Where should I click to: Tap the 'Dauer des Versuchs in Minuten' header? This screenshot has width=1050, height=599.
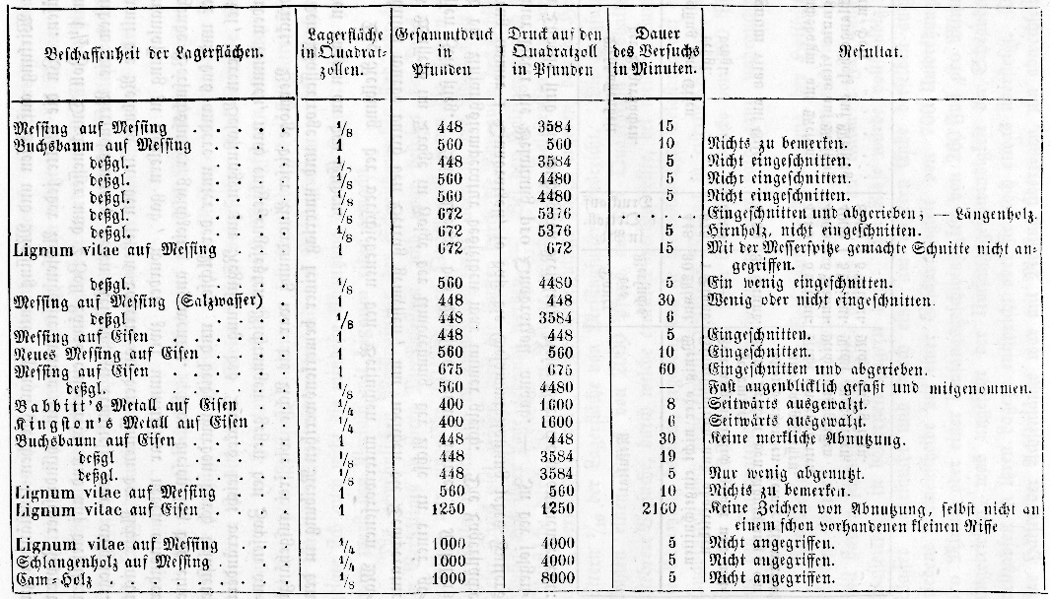point(655,51)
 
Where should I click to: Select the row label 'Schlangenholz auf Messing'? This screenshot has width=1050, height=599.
point(114,562)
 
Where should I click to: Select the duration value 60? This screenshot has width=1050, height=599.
point(665,369)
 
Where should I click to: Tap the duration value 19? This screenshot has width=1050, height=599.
point(666,456)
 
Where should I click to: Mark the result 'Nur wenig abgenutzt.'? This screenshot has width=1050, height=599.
point(779,474)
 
